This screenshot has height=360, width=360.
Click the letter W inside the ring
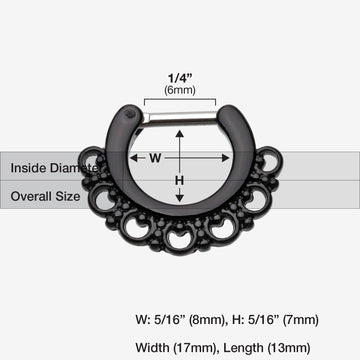pyautogui.click(x=155, y=157)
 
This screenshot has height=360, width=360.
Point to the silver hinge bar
pyautogui.click(x=180, y=118)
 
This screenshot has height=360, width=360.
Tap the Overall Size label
pyautogui.click(x=46, y=196)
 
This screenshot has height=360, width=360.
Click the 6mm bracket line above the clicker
pyautogui.click(x=180, y=99)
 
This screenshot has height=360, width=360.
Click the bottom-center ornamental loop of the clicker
pyautogui.click(x=180, y=241)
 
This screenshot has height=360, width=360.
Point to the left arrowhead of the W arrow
pyautogui.click(x=140, y=157)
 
